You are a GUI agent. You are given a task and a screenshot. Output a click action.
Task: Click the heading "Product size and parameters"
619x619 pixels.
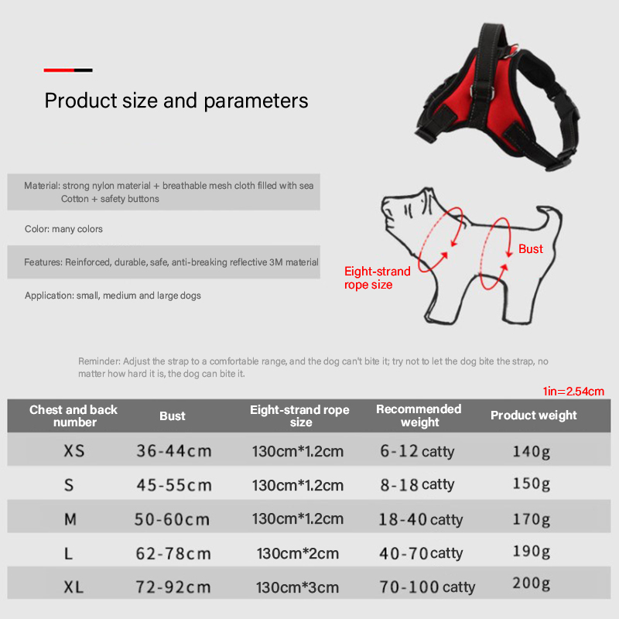pyautogui.click(x=176, y=101)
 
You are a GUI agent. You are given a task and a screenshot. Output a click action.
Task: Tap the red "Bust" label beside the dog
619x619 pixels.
pyautogui.click(x=531, y=248)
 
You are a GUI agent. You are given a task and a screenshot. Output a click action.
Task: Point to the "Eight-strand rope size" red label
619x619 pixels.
pyautogui.click(x=377, y=278)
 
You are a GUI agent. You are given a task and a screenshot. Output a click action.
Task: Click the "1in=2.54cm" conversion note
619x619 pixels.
pyautogui.click(x=573, y=392)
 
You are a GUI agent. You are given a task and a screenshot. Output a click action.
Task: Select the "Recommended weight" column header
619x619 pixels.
pyautogui.click(x=419, y=416)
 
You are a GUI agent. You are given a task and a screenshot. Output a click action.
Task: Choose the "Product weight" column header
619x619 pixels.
pyautogui.click(x=533, y=416)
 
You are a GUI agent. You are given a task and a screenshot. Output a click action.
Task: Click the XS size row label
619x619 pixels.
pyautogui.click(x=74, y=451)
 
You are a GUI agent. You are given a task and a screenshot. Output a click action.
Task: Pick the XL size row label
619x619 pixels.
pyautogui.click(x=74, y=587)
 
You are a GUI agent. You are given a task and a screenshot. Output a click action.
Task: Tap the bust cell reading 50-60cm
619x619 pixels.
pyautogui.click(x=172, y=519)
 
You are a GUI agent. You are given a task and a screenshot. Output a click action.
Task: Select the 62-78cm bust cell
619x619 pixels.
pyautogui.click(x=173, y=554)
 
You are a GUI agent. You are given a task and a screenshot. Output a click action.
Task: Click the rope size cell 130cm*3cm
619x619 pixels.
pyautogui.click(x=297, y=587)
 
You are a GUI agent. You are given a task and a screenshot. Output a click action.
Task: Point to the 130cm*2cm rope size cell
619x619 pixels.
pyautogui.click(x=298, y=553)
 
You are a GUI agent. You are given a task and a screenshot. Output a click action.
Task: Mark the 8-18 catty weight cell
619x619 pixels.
pyautogui.click(x=417, y=485)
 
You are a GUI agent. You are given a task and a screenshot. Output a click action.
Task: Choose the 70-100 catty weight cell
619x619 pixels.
pyautogui.click(x=427, y=587)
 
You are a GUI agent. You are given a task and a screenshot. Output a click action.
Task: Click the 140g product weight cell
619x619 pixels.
pyautogui.click(x=531, y=451)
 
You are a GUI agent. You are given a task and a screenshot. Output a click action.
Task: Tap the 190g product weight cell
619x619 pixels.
pyautogui.click(x=531, y=552)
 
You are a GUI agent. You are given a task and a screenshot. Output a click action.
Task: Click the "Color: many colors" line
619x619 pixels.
pyautogui.click(x=63, y=229)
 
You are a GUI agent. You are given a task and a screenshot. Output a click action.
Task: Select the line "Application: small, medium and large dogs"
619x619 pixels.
pyautogui.click(x=112, y=296)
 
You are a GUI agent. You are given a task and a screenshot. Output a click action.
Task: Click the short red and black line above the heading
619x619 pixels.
pyautogui.click(x=68, y=70)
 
